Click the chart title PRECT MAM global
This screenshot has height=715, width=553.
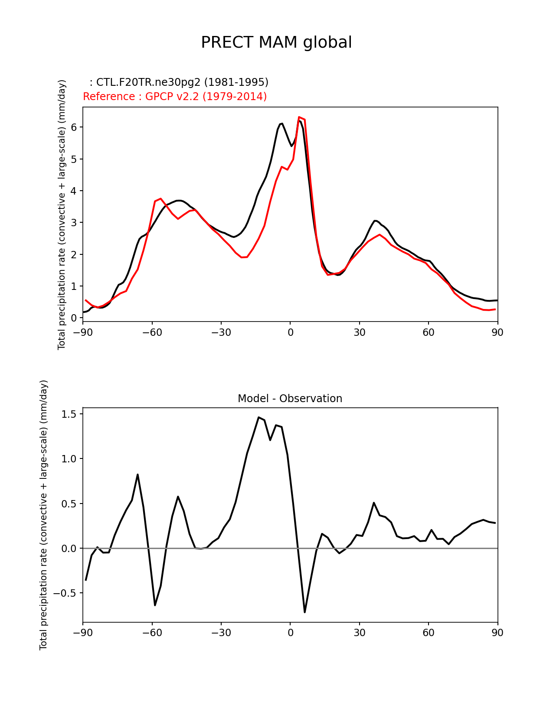pos(276,42)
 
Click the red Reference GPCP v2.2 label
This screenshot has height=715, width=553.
pos(175,97)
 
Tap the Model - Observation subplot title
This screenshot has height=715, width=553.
pos(290,399)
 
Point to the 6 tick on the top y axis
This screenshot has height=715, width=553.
pos(74,127)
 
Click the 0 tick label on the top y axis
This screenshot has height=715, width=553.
pos(74,318)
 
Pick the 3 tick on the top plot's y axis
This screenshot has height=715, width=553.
pos(74,223)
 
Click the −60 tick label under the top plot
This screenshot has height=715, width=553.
pos(152,332)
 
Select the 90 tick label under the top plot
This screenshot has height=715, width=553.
pos(497,332)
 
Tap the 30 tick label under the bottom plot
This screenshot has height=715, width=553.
pos(360,633)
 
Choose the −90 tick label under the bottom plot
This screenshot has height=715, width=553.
pos(83,633)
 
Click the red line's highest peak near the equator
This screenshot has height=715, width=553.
pos(299,117)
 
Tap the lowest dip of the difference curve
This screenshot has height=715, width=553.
pos(305,612)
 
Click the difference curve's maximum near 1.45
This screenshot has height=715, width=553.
pos(259,417)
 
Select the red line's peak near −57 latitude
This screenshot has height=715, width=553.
pos(160,198)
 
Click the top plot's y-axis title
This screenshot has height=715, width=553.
pos(62,214)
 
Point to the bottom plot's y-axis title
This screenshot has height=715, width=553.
pos(43,515)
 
